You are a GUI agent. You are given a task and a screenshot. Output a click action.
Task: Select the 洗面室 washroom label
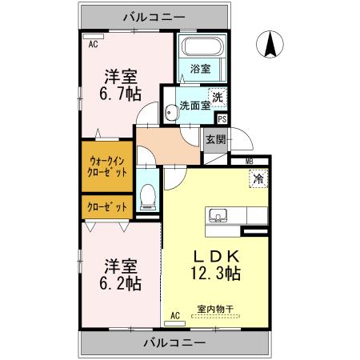194,105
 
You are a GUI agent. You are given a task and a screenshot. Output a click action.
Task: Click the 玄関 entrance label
215,139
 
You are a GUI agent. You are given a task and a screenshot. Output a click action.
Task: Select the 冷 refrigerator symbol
258,181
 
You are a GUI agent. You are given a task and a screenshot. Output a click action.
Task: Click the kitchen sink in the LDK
218,216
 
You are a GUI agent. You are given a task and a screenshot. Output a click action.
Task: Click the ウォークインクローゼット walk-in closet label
106,166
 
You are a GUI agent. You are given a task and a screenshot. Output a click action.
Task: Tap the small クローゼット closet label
106,206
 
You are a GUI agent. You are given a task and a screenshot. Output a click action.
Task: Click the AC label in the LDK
174,317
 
